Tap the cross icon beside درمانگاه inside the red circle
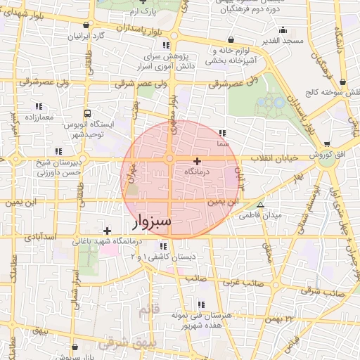pyautogui.click(x=197, y=161)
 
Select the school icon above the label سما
pyautogui.click(x=223, y=132)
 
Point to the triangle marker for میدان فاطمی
pyautogui.click(x=261, y=205)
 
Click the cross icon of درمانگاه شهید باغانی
pyautogui.click(x=107, y=231)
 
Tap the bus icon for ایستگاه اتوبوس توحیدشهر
pyautogui.click(x=86, y=112)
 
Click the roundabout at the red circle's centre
pyautogui.click(x=170, y=160)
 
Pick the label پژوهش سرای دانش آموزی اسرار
pyautogui.click(x=167, y=60)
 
